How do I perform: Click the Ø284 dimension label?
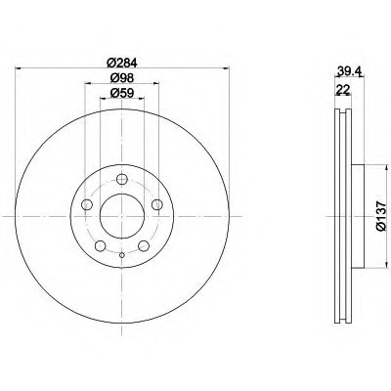122,63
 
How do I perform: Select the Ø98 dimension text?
122,78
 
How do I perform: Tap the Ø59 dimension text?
122,93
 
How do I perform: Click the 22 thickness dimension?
342,89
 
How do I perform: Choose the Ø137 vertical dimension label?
381,216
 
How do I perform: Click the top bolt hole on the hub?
122,179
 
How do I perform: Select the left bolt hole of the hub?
87,204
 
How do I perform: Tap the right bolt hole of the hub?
157,204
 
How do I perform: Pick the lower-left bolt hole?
101,246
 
